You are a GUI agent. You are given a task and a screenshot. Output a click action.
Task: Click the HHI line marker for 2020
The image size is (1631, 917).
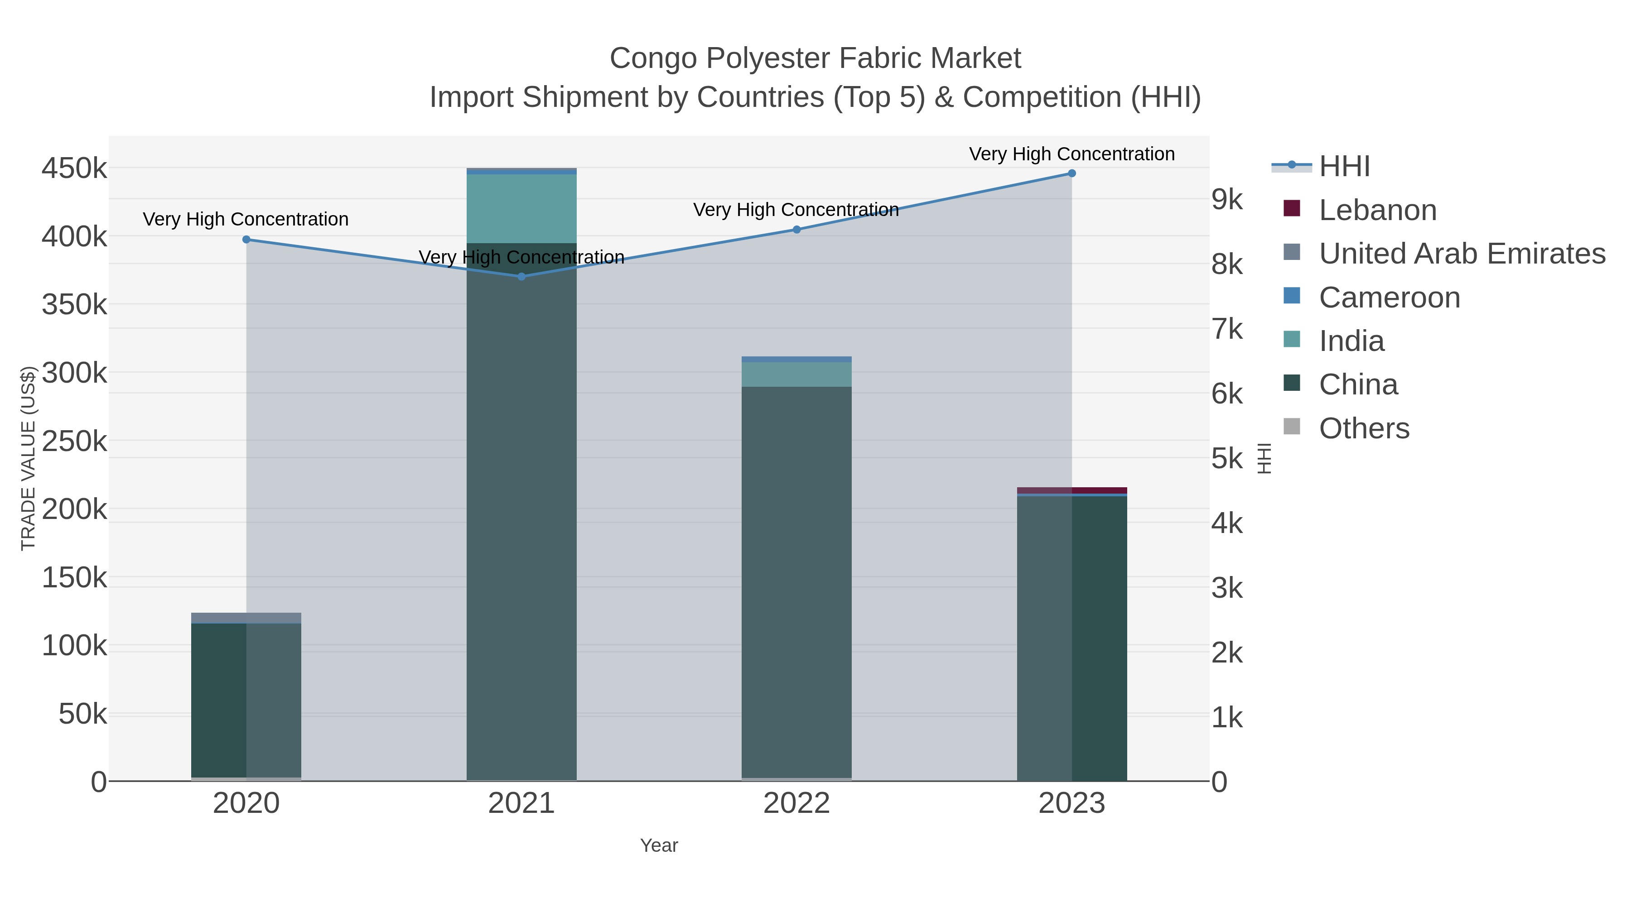point(246,239)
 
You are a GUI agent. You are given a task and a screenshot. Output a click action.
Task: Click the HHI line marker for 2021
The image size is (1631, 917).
point(522,277)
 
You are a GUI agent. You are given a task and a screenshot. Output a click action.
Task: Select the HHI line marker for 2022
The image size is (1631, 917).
point(796,230)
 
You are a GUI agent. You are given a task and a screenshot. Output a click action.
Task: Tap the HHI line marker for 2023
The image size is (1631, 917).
point(1072,173)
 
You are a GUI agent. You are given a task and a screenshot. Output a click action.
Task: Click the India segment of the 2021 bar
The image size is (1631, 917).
point(522,209)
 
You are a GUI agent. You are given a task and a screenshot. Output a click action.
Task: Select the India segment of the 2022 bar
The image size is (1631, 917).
point(796,374)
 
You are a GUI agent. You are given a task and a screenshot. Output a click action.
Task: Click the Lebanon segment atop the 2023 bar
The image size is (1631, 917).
point(1072,490)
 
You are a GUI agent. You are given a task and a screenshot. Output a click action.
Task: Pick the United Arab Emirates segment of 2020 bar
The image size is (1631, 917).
point(246,617)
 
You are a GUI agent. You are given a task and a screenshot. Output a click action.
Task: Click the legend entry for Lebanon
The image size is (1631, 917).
point(1377,210)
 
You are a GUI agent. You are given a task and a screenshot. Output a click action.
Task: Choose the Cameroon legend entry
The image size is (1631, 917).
point(1389,298)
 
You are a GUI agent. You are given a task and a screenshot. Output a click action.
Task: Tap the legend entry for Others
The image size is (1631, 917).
point(1364,428)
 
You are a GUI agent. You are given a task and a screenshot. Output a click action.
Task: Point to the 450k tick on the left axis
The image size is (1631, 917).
point(74,169)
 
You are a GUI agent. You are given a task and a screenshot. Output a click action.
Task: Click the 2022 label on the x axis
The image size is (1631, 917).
point(796,803)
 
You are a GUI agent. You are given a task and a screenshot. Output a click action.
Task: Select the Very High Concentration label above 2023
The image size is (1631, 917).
point(1071,154)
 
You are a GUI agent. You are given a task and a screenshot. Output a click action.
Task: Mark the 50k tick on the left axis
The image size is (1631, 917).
point(82,715)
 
